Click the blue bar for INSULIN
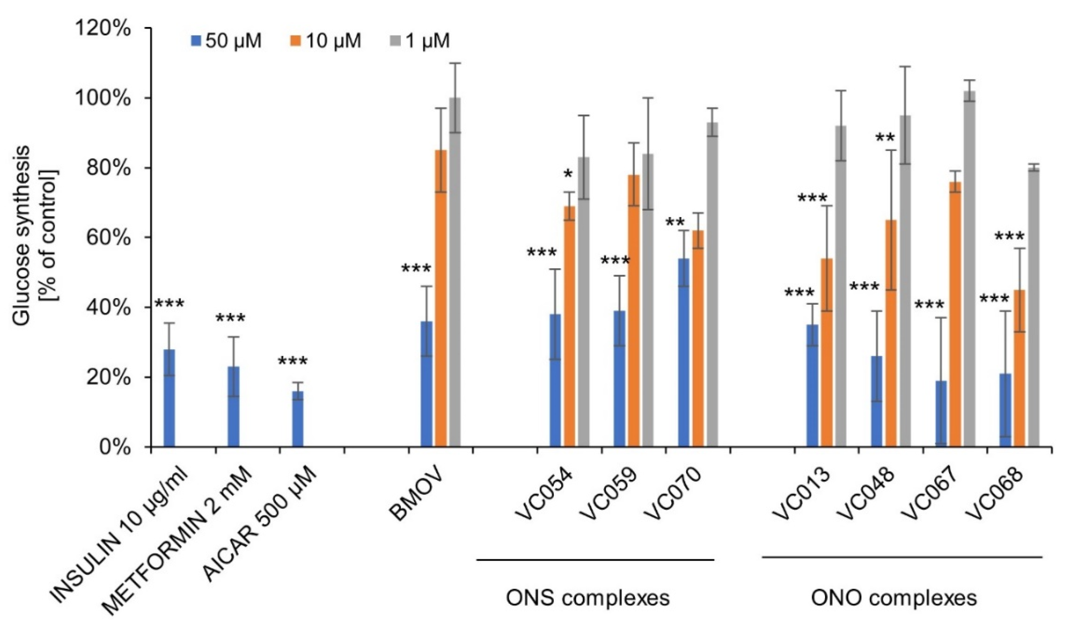click(x=169, y=398)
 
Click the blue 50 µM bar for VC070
click(x=683, y=352)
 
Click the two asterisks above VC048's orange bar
click(x=885, y=139)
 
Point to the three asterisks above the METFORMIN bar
click(x=230, y=319)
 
